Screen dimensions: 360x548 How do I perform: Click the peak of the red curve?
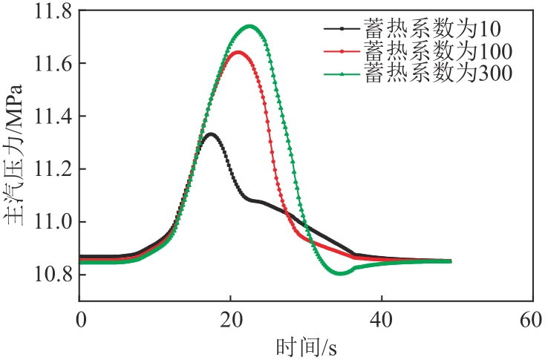(x=238, y=52)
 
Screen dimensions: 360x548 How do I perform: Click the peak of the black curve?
(x=211, y=134)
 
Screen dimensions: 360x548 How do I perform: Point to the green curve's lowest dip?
(x=340, y=273)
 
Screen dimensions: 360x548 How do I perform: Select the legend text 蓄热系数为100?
(x=438, y=51)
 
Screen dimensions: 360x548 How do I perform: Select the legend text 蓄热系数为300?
(x=438, y=73)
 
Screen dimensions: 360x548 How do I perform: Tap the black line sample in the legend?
(x=342, y=30)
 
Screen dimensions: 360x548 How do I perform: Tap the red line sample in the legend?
(x=342, y=51)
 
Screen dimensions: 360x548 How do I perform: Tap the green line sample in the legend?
(x=342, y=73)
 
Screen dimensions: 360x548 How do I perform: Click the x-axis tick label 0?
(x=81, y=320)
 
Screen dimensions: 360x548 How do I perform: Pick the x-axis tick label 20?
(x=231, y=320)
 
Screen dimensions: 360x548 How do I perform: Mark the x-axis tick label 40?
(x=381, y=320)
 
